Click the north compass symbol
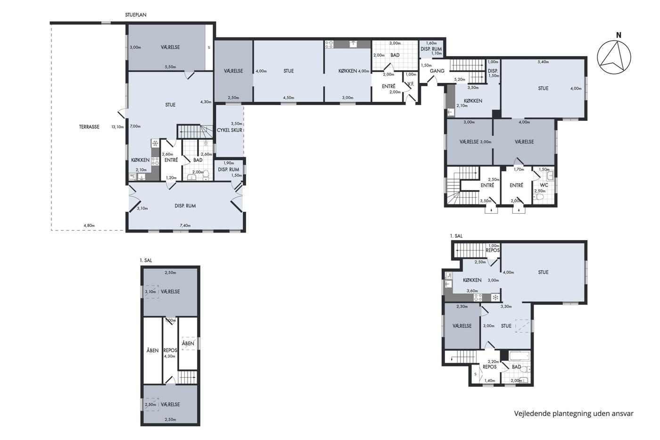coord(614,57)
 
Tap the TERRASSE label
coord(89,127)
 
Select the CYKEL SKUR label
coord(230,130)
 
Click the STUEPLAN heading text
coord(136,15)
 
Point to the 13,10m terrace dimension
coord(117,127)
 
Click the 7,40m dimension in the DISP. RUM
coord(185,225)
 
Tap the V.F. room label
coord(411,84)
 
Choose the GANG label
coord(437,71)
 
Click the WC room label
coord(544,185)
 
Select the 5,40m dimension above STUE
coord(543,62)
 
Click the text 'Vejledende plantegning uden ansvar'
coord(574,414)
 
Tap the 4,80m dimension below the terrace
coord(89,225)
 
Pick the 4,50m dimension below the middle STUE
coord(289,98)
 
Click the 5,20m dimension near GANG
coord(460,79)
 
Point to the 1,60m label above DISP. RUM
coord(431,43)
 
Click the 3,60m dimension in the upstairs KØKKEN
coord(472,291)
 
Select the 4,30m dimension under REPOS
coord(170,356)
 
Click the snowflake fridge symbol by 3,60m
coord(495,298)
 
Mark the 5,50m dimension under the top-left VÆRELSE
coord(170,67)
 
